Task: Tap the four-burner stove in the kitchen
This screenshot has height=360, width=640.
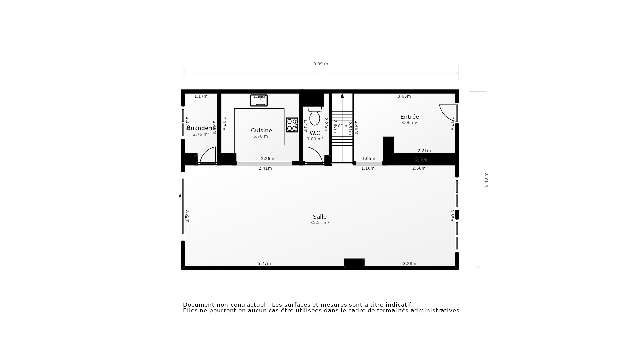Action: click(x=292, y=125)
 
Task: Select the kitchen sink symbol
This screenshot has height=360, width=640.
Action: click(x=259, y=100)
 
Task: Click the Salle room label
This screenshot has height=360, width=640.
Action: click(x=320, y=217)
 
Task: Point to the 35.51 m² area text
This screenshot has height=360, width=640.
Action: click(x=320, y=223)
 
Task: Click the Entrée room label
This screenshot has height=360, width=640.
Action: click(x=409, y=117)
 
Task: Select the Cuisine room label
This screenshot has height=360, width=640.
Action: click(x=261, y=130)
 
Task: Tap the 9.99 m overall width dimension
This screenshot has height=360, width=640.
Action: click(x=320, y=64)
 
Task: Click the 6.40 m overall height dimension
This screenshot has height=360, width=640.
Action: click(x=486, y=180)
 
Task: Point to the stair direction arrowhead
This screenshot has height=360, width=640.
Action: click(x=342, y=96)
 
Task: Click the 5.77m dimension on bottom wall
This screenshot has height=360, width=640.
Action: click(x=264, y=264)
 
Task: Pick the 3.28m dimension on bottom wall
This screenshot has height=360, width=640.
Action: click(x=409, y=264)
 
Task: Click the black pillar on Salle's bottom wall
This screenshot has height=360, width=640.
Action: click(x=354, y=263)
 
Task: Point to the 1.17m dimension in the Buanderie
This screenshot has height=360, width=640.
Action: click(x=201, y=96)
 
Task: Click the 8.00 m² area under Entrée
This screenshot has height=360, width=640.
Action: click(x=409, y=123)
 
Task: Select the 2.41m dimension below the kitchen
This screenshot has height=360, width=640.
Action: click(x=265, y=168)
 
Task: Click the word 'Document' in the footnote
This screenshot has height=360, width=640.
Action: click(x=199, y=305)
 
